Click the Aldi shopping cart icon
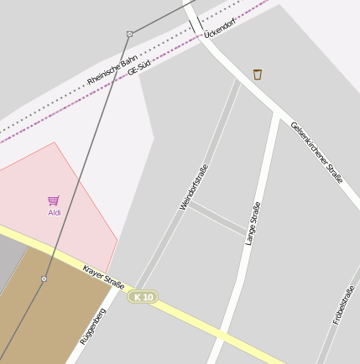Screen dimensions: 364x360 pos(54,200)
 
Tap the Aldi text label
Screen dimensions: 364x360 pos(54,213)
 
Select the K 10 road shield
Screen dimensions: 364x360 pos(143,297)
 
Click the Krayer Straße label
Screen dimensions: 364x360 pos(102,278)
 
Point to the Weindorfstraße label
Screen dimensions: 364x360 pos(193,186)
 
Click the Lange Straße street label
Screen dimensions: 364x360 pos(253,223)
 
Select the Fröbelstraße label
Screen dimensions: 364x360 pos(343,304)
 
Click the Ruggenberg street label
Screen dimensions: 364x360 pos(92,327)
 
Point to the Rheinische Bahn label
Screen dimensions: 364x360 pos(112,70)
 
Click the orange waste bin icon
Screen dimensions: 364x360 pos(258,75)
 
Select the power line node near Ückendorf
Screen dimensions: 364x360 pos(129,34)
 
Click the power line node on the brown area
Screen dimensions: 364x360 pos(44,278)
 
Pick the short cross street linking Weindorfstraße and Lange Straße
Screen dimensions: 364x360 pos(217,218)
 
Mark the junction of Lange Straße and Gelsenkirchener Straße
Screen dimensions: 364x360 pos(275,112)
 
